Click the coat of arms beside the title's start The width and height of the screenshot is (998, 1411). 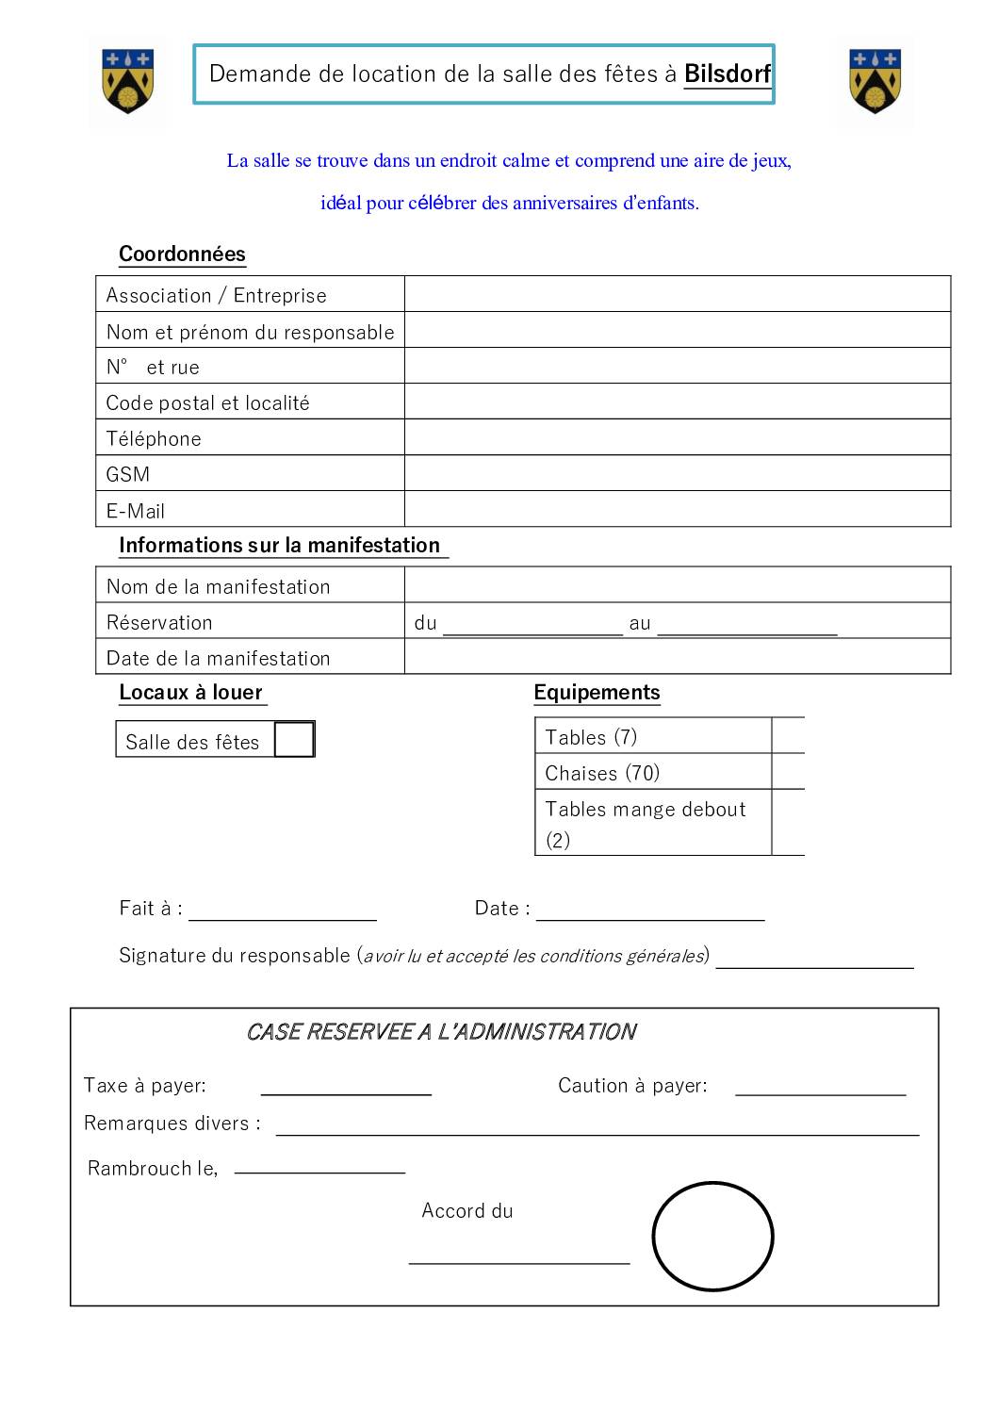(127, 81)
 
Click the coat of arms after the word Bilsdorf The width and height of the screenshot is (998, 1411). (875, 81)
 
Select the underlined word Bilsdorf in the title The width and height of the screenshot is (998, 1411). (727, 74)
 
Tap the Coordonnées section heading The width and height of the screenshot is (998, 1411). (182, 254)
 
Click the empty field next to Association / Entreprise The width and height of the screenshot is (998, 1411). (677, 294)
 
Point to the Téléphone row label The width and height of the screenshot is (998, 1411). (154, 439)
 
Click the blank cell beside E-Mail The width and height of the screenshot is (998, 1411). (677, 510)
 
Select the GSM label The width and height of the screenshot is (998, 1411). (128, 475)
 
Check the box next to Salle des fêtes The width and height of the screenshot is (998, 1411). (294, 740)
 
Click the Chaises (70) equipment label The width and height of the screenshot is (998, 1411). (602, 774)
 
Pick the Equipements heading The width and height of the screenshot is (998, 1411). (597, 693)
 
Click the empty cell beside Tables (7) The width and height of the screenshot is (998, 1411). (788, 736)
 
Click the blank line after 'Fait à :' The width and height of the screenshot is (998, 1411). (283, 912)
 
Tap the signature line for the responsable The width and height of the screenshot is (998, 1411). (814, 960)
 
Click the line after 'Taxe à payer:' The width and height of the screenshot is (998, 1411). (346, 1089)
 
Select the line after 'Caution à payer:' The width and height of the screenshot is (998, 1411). (820, 1089)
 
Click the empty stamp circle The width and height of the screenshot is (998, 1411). (712, 1236)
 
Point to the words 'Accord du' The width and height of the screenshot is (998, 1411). (467, 1211)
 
